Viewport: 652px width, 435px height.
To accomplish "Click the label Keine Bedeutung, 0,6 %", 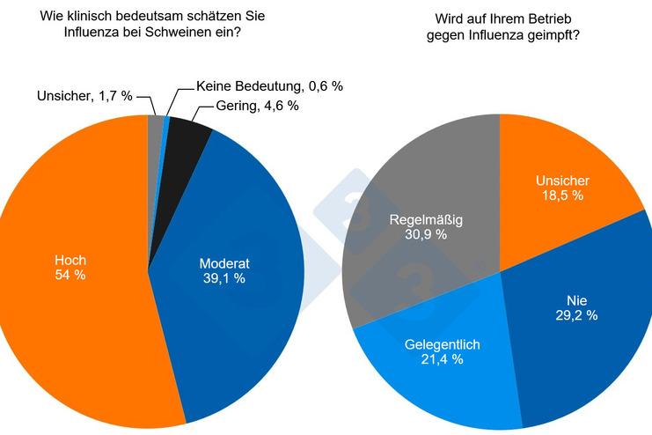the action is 269,86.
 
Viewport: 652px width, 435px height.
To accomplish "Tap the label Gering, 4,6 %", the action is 258,106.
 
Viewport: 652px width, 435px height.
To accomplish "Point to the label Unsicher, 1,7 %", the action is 84,96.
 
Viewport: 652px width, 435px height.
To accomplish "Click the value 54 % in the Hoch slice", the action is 70,275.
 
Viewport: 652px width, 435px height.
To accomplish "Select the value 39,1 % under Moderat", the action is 224,278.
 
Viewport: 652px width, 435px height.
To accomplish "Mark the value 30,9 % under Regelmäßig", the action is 426,234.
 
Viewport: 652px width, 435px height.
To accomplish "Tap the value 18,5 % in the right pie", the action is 562,195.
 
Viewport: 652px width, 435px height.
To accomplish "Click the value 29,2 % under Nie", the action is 576,315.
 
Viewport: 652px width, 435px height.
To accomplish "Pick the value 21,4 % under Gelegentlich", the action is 442,359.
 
